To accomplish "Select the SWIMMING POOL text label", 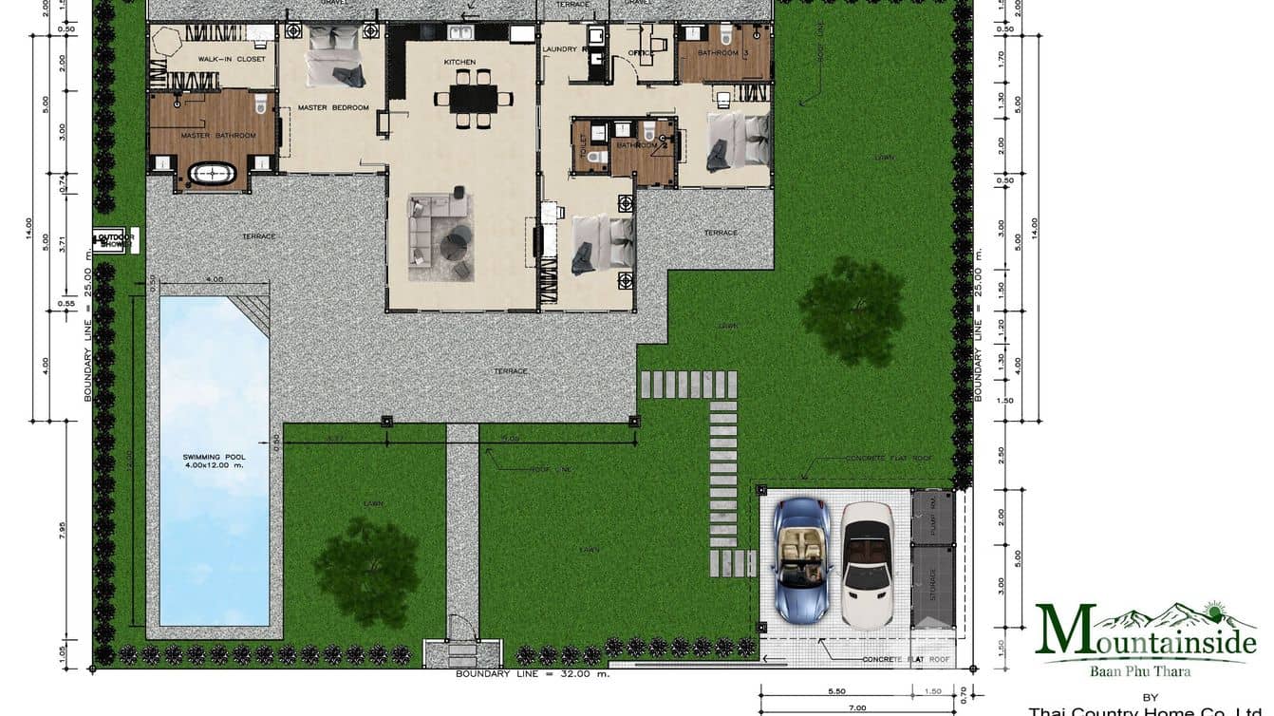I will (x=214, y=461).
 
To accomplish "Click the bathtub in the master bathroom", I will (x=213, y=174).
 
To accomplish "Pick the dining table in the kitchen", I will (x=473, y=98).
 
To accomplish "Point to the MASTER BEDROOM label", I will (x=333, y=108).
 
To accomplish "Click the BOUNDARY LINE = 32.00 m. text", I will (x=533, y=674).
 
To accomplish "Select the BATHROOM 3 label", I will (x=719, y=53).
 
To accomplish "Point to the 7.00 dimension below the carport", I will (x=856, y=707).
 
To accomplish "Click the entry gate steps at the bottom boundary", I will (x=462, y=653).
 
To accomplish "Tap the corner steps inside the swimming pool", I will (x=251, y=311).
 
